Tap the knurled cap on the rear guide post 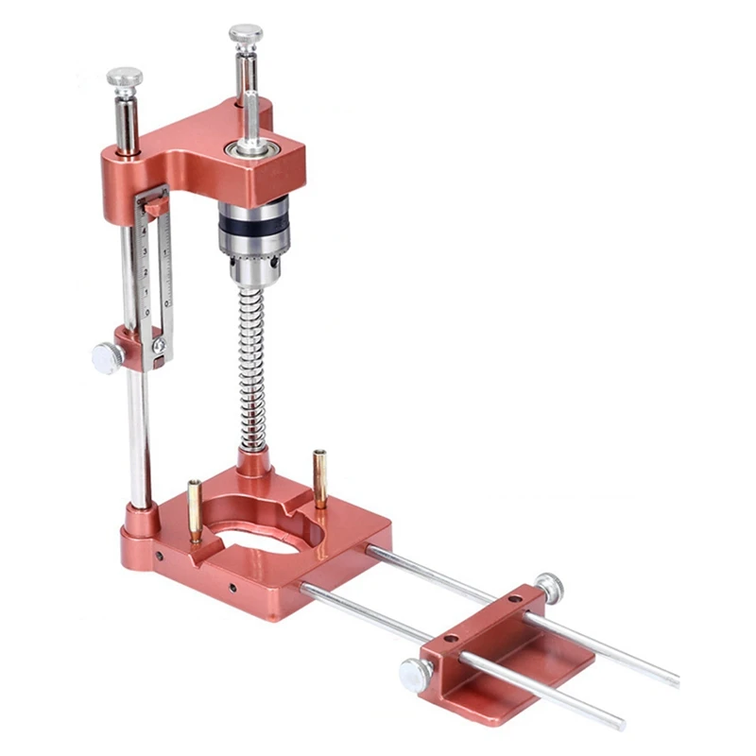pos(245,35)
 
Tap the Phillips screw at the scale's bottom pos(159,346)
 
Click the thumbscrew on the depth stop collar pos(106,357)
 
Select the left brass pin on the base pos(195,510)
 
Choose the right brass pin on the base pos(320,478)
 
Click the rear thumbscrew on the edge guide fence pos(547,587)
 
